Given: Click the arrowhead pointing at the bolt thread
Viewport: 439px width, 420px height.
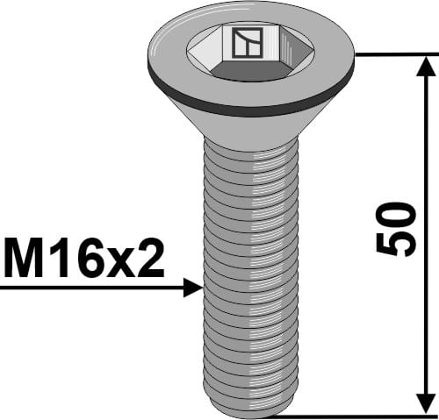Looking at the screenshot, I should [194, 287].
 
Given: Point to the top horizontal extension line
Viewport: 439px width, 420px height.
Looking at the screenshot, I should [395, 54].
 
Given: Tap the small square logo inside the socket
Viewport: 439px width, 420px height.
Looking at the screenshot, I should [242, 43].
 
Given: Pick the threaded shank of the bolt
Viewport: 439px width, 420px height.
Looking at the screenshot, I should [250, 272].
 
